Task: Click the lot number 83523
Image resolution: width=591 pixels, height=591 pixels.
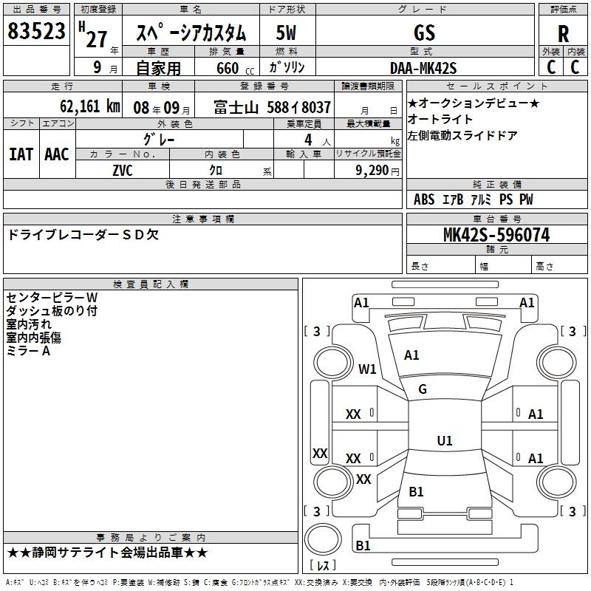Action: pos(36,30)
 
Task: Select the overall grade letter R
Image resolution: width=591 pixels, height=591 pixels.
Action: pos(563,34)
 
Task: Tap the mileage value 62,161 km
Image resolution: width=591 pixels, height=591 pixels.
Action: pos(90,106)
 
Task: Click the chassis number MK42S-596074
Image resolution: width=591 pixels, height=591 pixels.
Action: pos(496,234)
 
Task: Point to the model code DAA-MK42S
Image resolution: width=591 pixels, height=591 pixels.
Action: pos(423,68)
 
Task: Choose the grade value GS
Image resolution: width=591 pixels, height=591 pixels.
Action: pos(424,33)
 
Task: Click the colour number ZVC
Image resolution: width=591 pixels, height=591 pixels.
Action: pos(123,171)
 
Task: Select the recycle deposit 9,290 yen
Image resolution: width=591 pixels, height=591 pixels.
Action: pos(378,171)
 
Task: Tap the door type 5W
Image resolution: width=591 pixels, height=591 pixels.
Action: pos(286,33)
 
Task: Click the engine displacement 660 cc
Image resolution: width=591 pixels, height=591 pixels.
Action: pos(235,68)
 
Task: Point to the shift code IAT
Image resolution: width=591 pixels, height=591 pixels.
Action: pos(21,154)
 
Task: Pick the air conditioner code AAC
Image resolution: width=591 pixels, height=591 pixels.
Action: pos(57,154)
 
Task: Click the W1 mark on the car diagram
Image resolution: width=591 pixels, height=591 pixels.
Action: pos(367,369)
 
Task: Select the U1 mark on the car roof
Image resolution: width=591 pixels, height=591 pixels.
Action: pos(445,440)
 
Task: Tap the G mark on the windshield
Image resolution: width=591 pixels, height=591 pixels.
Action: pos(423,389)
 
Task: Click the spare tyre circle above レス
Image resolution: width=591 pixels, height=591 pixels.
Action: pos(323,539)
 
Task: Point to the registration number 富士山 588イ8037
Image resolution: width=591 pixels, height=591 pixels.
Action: pos(272,107)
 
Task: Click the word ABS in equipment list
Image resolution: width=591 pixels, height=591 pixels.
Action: pos(424,199)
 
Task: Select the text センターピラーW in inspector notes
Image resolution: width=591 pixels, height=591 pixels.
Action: pos(52,298)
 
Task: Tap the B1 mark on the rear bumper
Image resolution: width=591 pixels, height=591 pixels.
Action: pos(363,545)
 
